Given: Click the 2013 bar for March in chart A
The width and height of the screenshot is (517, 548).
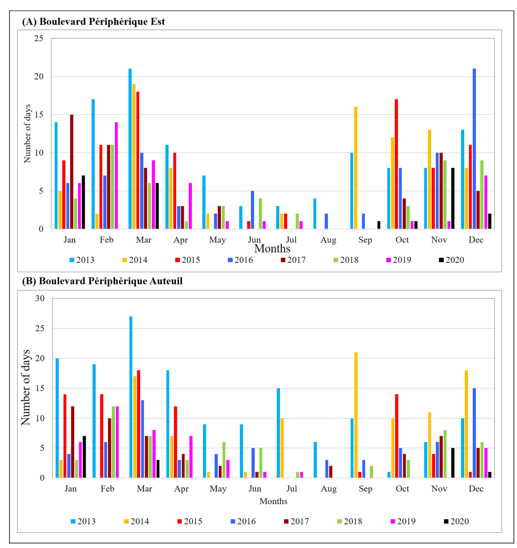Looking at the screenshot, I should [x=130, y=149].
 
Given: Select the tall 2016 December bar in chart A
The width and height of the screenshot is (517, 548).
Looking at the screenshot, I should [x=474, y=149].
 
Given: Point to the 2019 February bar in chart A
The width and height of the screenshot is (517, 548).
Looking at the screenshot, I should [x=116, y=175].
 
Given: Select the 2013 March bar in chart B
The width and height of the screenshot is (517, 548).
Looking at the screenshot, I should [x=131, y=397].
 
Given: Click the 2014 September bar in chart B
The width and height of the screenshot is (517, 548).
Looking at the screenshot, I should [x=356, y=415].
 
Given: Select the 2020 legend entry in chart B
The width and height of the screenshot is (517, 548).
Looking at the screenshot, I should [x=456, y=521].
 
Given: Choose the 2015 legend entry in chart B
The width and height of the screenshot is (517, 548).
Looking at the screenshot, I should [x=190, y=521].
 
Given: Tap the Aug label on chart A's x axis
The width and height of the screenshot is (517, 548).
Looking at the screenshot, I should [x=328, y=240].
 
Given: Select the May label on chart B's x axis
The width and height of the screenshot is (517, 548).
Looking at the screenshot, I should [x=218, y=489].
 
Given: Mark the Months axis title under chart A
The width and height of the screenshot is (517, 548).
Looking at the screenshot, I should [x=272, y=249].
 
